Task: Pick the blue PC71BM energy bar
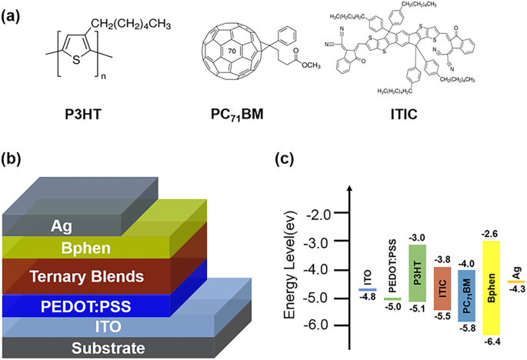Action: click(x=466, y=292)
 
